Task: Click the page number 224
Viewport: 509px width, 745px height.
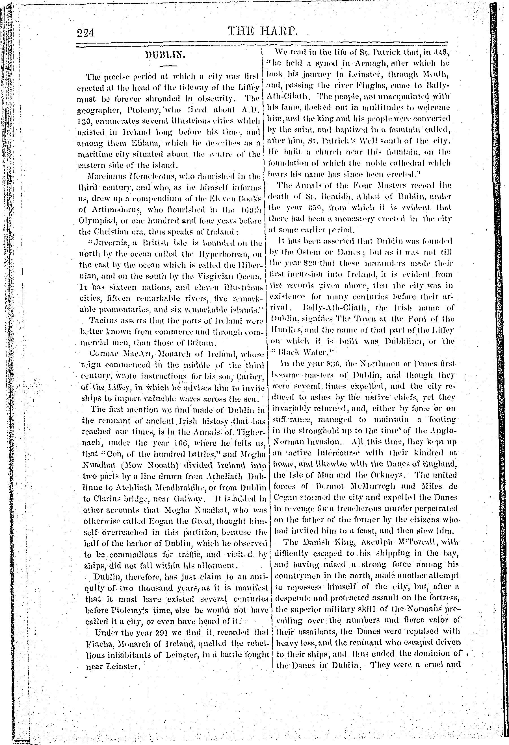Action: pyautogui.click(x=85, y=33)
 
